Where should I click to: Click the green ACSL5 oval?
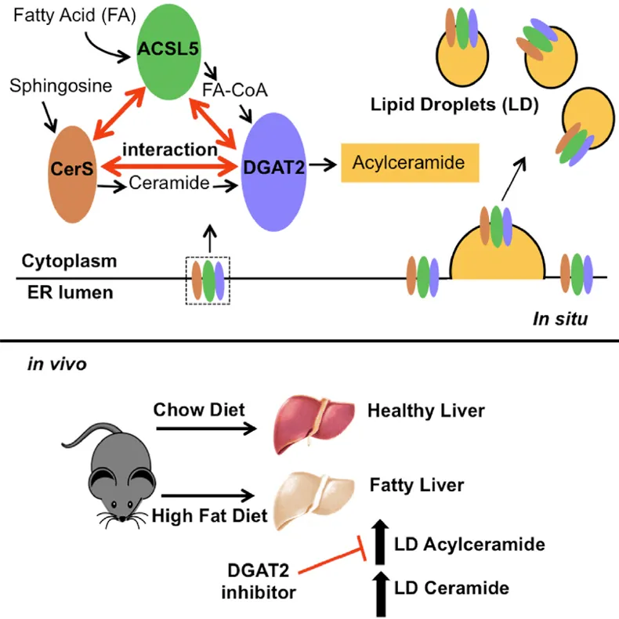click(168, 52)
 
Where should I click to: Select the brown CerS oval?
click(72, 175)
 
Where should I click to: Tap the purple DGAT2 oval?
click(274, 172)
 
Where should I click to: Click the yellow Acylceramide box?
click(410, 163)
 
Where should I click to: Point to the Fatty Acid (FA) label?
click(74, 16)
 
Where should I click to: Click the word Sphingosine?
click(61, 85)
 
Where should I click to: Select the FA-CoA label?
click(235, 90)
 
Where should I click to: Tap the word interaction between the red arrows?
click(170, 150)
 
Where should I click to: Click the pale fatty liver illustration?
click(314, 500)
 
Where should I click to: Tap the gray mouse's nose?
click(123, 519)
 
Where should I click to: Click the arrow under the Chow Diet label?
click(207, 429)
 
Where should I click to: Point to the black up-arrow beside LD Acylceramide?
click(380, 542)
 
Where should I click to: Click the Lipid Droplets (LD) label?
click(454, 105)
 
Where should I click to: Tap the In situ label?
click(560, 319)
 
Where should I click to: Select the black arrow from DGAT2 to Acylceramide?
click(323, 165)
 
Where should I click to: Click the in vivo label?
click(57, 364)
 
